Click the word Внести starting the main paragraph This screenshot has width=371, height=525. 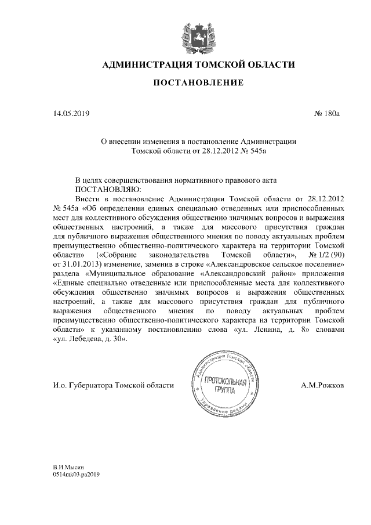click(88, 198)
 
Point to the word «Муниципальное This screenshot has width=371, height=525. click(117, 273)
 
